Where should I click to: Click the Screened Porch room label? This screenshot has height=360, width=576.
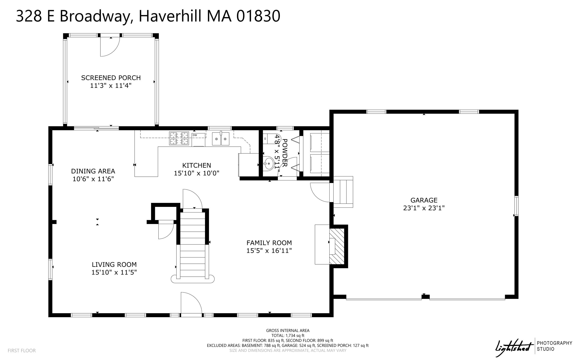click(111, 78)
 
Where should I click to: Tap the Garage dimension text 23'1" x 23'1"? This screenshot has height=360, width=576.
click(424, 208)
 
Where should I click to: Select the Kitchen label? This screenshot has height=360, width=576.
click(196, 165)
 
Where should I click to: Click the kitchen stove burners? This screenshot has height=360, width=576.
click(179, 138)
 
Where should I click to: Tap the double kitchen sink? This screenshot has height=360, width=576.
click(220, 139)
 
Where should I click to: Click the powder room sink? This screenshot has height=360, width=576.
click(269, 163)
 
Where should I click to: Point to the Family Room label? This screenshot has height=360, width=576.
click(269, 243)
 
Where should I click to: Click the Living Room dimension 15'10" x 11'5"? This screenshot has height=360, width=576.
click(114, 272)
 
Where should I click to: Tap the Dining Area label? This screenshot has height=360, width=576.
click(93, 171)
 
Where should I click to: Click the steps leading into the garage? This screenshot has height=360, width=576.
click(343, 192)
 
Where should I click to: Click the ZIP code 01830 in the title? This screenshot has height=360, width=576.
click(258, 16)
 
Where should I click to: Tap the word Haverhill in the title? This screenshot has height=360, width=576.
click(170, 16)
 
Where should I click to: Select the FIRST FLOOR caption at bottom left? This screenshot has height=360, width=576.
click(22, 350)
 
